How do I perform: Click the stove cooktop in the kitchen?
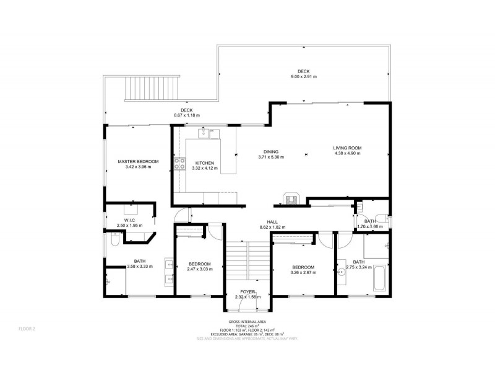181,164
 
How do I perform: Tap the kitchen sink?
207,132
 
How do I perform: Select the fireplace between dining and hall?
290,197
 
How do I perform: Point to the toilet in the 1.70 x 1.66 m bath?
385,218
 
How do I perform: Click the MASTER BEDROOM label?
138,161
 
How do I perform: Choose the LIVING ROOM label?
347,148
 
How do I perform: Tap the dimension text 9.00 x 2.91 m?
303,77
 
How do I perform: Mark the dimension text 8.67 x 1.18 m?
186,115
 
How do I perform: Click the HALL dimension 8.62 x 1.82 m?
272,227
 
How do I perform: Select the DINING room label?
270,151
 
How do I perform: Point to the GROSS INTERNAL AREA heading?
247,322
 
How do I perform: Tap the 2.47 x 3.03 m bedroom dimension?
200,270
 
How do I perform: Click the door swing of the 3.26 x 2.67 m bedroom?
325,240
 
